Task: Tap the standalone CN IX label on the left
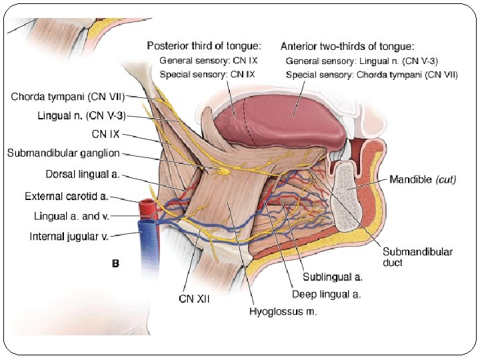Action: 105,135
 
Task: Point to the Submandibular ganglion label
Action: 63,153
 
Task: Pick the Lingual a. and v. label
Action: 71,216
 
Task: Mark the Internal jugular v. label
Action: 69,236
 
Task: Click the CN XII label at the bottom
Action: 194,299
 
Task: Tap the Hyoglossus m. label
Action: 283,311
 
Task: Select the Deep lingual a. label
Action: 326,294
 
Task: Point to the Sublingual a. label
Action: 332,276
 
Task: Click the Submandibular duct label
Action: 417,257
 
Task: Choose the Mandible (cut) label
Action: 423,180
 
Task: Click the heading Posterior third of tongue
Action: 204,46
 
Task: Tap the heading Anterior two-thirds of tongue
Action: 347,46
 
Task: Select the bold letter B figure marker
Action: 115,264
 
